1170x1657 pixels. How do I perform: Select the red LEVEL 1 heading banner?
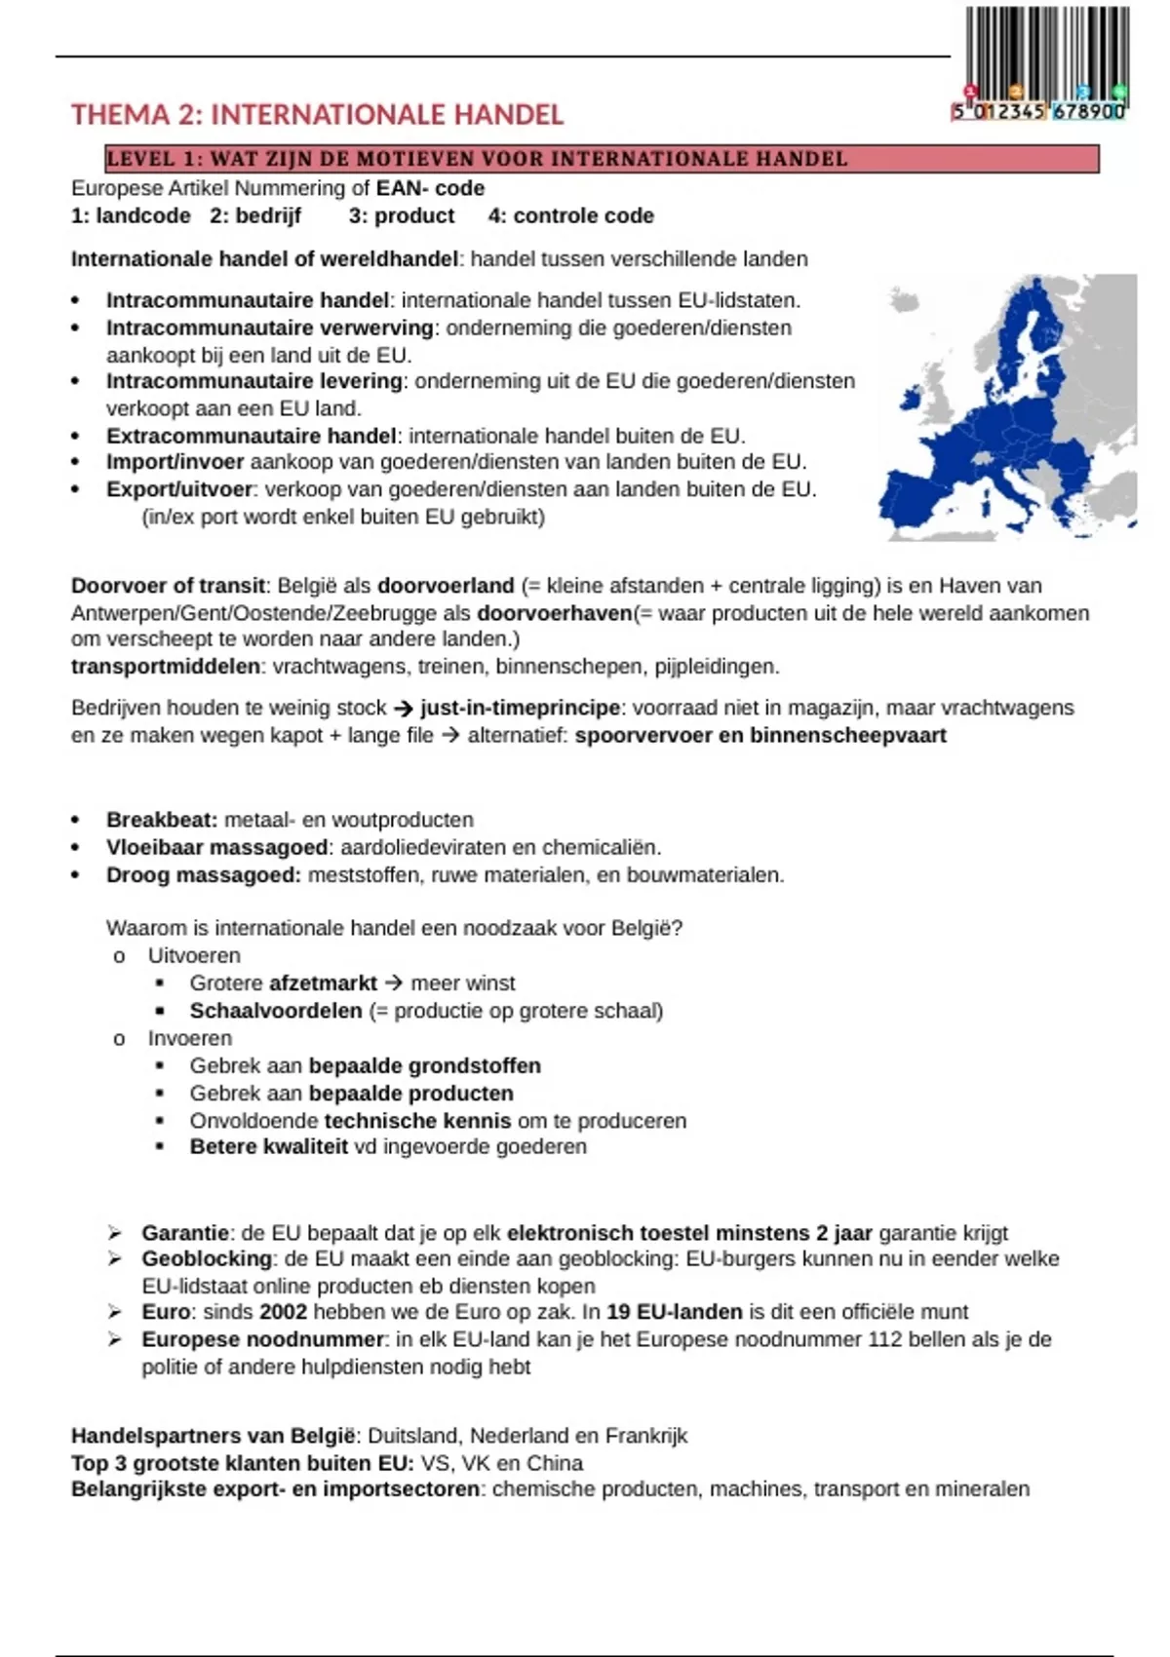(x=602, y=159)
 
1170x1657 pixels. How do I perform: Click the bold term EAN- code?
(x=430, y=188)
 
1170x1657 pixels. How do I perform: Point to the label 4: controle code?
(x=570, y=215)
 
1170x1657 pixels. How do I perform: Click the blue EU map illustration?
(x=1009, y=407)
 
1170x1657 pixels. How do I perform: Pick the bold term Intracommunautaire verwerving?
(x=269, y=328)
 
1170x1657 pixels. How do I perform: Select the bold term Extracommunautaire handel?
(x=251, y=436)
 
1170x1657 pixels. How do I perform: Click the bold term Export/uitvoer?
(x=179, y=489)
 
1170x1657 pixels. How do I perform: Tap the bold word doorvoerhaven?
(x=554, y=613)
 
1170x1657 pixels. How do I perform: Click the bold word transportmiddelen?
(x=166, y=667)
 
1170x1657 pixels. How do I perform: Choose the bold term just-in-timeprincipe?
(x=520, y=708)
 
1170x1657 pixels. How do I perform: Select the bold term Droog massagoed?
(x=203, y=874)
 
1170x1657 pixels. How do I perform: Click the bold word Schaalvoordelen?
(x=275, y=1011)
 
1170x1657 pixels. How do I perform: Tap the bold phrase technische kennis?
(x=417, y=1121)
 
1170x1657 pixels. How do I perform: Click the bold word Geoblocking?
(x=207, y=1258)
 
